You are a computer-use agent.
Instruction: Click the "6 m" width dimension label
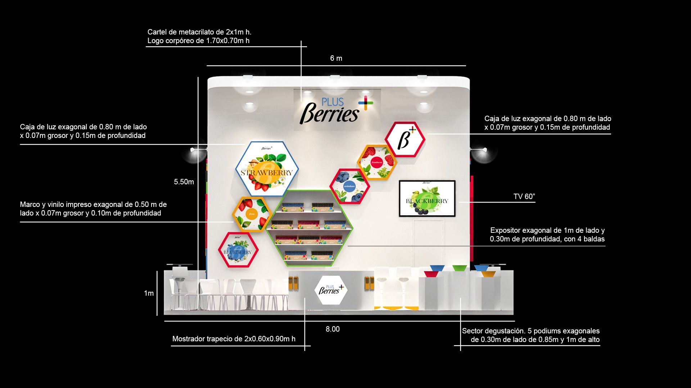pos(336,58)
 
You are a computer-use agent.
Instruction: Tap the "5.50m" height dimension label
pos(184,182)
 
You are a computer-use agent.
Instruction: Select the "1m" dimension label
pos(149,294)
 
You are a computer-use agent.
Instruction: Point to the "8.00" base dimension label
pos(333,329)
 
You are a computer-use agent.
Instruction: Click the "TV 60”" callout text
pos(524,197)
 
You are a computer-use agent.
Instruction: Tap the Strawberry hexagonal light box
pos(267,169)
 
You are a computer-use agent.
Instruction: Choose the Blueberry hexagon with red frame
pos(238,250)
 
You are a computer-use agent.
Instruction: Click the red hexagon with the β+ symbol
pos(405,139)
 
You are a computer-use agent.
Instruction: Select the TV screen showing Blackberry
pos(427,198)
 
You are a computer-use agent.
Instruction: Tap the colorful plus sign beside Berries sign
pos(366,103)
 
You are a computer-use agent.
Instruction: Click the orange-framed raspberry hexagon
pos(377,162)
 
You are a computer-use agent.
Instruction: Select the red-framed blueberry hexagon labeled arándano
pos(349,186)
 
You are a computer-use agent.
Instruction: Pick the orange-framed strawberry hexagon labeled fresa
pos(252,214)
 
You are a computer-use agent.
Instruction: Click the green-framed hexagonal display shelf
pos(309,228)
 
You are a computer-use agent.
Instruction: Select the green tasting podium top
pos(460,268)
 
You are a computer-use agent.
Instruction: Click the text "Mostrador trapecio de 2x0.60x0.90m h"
pos(234,339)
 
